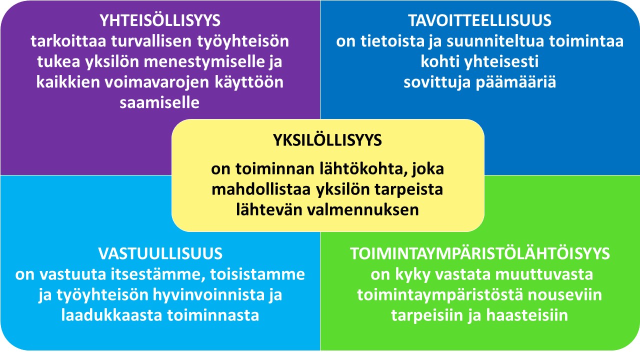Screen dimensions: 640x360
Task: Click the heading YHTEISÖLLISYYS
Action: point(160,20)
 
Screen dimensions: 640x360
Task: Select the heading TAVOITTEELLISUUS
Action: point(479,20)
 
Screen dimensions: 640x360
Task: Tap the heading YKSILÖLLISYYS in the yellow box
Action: point(327,140)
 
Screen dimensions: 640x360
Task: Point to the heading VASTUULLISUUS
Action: point(160,253)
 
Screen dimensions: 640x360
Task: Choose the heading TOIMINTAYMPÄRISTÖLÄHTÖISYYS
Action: point(479,253)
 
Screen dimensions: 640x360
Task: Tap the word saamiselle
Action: point(159,103)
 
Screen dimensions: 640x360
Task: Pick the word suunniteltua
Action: point(495,41)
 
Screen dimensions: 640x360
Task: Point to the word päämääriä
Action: point(515,83)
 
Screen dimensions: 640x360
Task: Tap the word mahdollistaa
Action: point(261,189)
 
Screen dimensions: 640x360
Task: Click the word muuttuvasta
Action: point(543,274)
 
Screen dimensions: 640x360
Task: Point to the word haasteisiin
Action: point(527,315)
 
